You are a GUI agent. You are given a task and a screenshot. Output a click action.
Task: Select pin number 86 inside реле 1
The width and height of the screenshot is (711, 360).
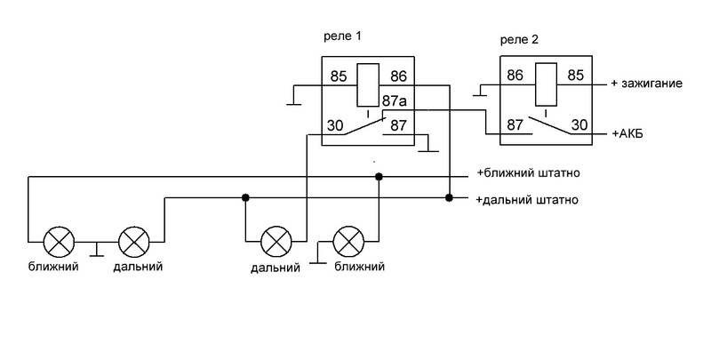pyautogui.click(x=398, y=77)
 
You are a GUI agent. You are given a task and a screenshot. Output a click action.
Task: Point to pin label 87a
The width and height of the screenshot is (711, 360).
pyautogui.click(x=395, y=100)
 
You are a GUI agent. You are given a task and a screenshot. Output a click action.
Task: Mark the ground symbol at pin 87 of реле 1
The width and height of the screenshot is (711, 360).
pyautogui.click(x=427, y=148)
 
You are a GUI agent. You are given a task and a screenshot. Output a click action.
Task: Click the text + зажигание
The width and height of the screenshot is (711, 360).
pyautogui.click(x=647, y=84)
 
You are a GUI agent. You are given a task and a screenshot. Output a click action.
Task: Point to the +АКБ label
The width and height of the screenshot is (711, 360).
pyautogui.click(x=629, y=133)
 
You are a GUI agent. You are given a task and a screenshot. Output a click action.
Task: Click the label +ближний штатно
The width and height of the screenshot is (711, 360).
pyautogui.click(x=528, y=173)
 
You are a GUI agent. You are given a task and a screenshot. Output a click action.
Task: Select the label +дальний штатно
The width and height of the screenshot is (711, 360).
pyautogui.click(x=528, y=199)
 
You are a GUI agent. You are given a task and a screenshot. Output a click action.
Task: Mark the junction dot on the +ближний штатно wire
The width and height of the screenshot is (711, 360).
pyautogui.click(x=379, y=177)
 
